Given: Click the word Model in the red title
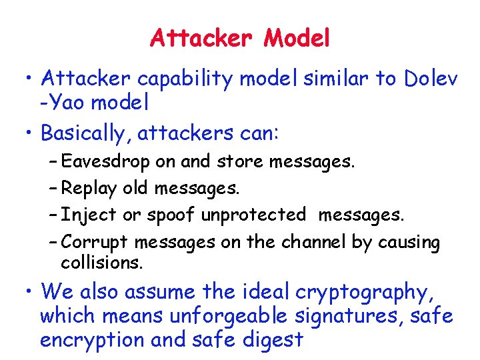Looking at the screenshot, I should click(297, 39).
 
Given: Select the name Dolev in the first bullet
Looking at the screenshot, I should click(431, 79).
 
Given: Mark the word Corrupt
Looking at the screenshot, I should click(97, 242).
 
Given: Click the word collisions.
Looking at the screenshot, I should click(101, 263).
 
